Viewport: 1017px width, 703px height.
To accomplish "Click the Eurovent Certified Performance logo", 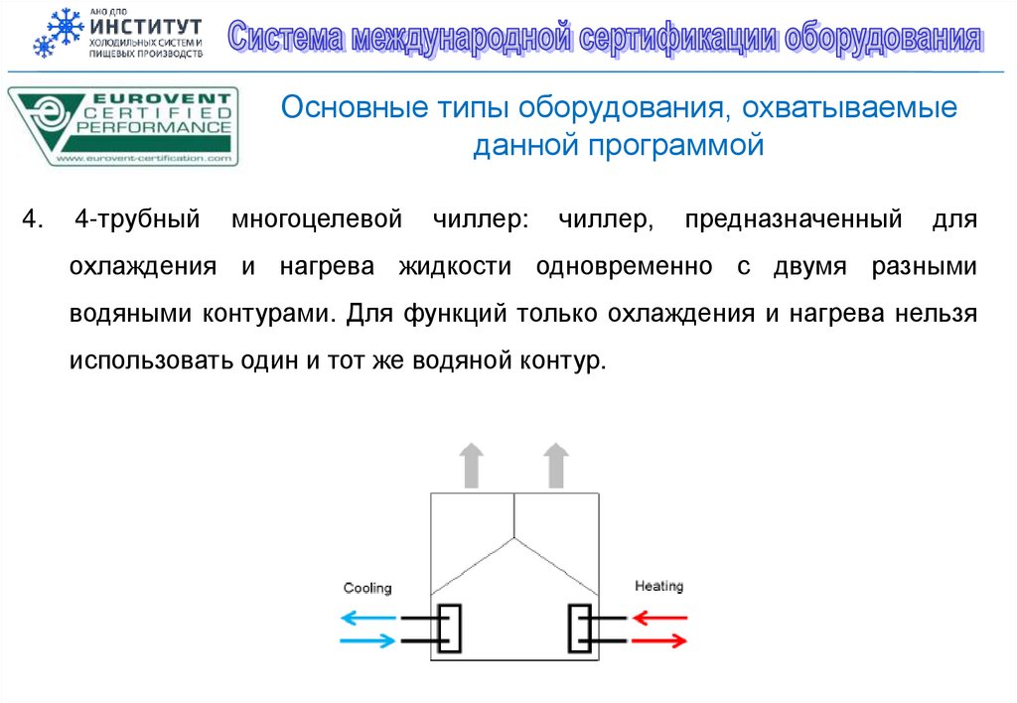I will point(123,126).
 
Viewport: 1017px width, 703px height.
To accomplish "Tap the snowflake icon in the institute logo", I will point(57,33).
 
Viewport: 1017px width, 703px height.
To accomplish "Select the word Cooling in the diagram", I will point(367,588).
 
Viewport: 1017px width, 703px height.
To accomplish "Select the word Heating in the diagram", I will point(658,586).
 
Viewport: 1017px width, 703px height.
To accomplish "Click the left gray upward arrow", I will point(472,466).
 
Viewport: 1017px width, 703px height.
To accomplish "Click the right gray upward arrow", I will point(556,466).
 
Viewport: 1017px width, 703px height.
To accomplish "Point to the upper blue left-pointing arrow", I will point(367,618).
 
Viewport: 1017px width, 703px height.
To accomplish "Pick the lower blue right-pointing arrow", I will point(367,641).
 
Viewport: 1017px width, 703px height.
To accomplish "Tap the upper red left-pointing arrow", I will point(659,618).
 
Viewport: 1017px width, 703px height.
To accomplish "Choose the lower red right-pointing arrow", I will point(659,640).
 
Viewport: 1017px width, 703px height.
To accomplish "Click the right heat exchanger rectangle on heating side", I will point(579,629).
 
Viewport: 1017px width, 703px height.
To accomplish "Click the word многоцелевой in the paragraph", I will point(317,218).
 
